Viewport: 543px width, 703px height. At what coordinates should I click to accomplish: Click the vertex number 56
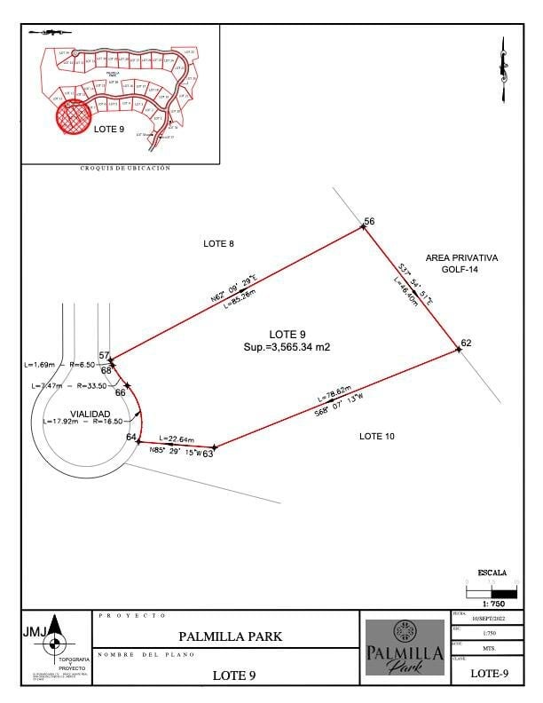pyautogui.click(x=370, y=220)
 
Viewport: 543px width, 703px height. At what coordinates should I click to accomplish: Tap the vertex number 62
pyautogui.click(x=466, y=343)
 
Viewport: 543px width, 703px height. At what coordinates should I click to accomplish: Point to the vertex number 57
pyautogui.click(x=104, y=356)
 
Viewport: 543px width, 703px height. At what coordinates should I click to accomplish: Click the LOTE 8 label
pyautogui.click(x=218, y=243)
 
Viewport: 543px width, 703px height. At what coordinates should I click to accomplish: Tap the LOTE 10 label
pyautogui.click(x=376, y=436)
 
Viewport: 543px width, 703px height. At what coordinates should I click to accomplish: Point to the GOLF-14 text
pyautogui.click(x=461, y=269)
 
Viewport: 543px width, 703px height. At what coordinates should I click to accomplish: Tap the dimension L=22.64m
pyautogui.click(x=176, y=438)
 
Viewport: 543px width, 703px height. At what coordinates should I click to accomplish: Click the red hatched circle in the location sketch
pyautogui.click(x=75, y=116)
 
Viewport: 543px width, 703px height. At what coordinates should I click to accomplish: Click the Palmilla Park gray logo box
pyautogui.click(x=405, y=647)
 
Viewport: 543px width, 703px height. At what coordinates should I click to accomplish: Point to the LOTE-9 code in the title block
pyautogui.click(x=489, y=674)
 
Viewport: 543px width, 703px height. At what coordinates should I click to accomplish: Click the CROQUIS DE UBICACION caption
pyautogui.click(x=124, y=168)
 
